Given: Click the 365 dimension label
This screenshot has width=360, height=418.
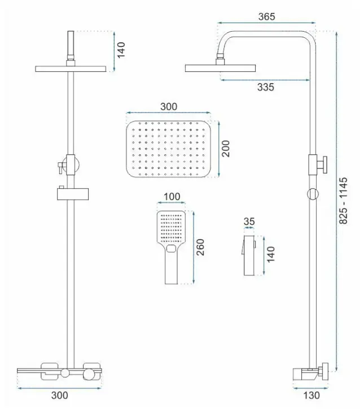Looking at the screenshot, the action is pos(266,16).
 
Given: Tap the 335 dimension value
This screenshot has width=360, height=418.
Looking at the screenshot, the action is pos(265,87).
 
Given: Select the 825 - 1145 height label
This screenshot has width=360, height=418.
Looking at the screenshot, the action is pos(344,201).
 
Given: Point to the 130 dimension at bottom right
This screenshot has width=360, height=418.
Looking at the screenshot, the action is pos(311,395).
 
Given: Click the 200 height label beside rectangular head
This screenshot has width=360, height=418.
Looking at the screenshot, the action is pos(226,149).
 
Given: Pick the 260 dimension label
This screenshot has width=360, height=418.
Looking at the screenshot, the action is pos(200,247).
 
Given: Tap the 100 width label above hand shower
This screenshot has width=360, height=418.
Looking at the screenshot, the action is pos(172,197).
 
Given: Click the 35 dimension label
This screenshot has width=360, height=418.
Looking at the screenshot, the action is pos(249,221).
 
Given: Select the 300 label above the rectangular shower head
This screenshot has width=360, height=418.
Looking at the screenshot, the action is pos(169,107).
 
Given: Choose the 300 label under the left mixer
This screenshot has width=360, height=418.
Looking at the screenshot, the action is pos(60,395).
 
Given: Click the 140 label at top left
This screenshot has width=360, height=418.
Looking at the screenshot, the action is pos(121,50).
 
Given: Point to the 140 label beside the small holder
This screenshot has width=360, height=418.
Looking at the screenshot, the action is pos(270,254).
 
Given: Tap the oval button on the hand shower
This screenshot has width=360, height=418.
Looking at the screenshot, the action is pos(171,249).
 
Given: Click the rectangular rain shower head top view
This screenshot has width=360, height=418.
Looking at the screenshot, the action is pos(168,149).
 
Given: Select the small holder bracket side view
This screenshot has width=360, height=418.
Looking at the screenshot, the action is pos(249,255).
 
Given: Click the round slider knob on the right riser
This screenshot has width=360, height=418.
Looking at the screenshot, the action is pos(313,194).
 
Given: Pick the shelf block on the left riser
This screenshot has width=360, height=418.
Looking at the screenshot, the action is pos(73,194).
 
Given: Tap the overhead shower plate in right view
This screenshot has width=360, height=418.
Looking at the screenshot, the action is pos(221,68).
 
